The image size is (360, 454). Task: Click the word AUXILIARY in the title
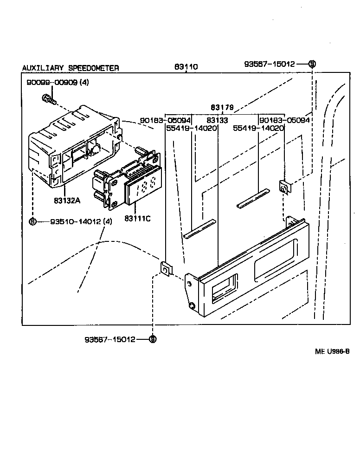(x=44, y=68)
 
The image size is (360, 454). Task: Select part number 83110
(x=186, y=67)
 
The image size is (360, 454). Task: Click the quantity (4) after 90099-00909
(x=84, y=83)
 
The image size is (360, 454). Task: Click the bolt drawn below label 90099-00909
(x=48, y=98)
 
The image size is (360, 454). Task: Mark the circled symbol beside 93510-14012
(x=32, y=221)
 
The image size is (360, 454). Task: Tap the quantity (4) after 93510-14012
(x=107, y=221)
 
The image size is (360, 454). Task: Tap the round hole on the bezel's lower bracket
(x=192, y=305)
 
